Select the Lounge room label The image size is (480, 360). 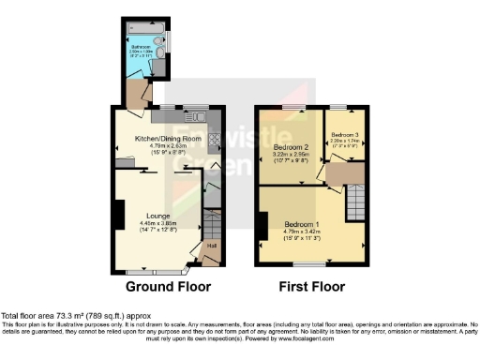(157, 215)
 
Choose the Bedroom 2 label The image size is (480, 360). (291, 147)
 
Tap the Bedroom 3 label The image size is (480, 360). (343, 134)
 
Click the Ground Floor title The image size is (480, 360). (168, 286)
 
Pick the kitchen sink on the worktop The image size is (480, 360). (201, 117)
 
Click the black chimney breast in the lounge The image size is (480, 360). (117, 215)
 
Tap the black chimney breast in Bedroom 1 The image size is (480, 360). (261, 226)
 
